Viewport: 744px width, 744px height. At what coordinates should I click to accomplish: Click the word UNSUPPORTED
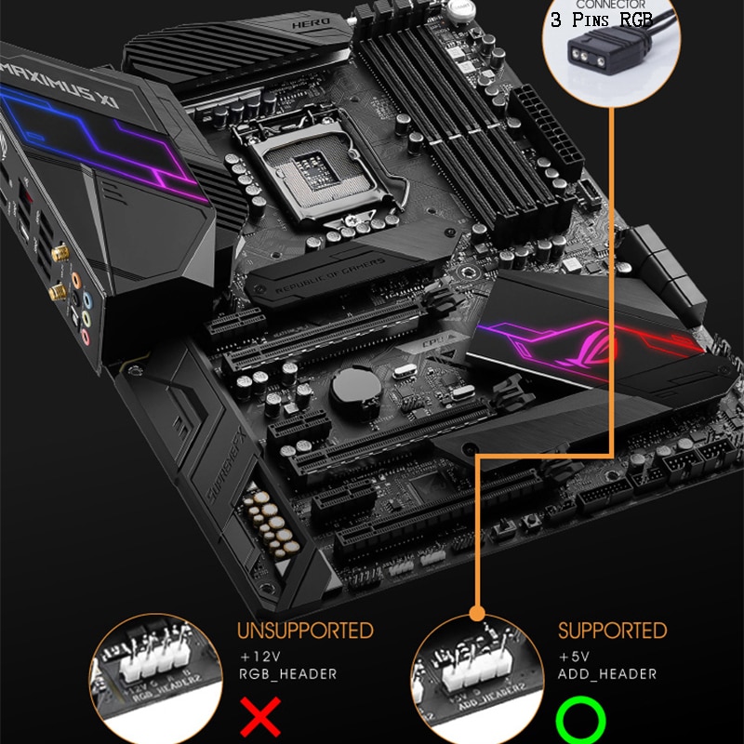click(x=305, y=631)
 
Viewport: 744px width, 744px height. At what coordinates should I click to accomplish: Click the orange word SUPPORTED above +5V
click(x=612, y=631)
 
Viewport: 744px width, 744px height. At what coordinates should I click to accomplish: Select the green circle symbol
click(x=580, y=720)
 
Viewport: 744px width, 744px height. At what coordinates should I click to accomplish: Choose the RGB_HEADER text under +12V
click(x=287, y=674)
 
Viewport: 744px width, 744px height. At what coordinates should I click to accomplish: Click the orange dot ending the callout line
click(x=477, y=613)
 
